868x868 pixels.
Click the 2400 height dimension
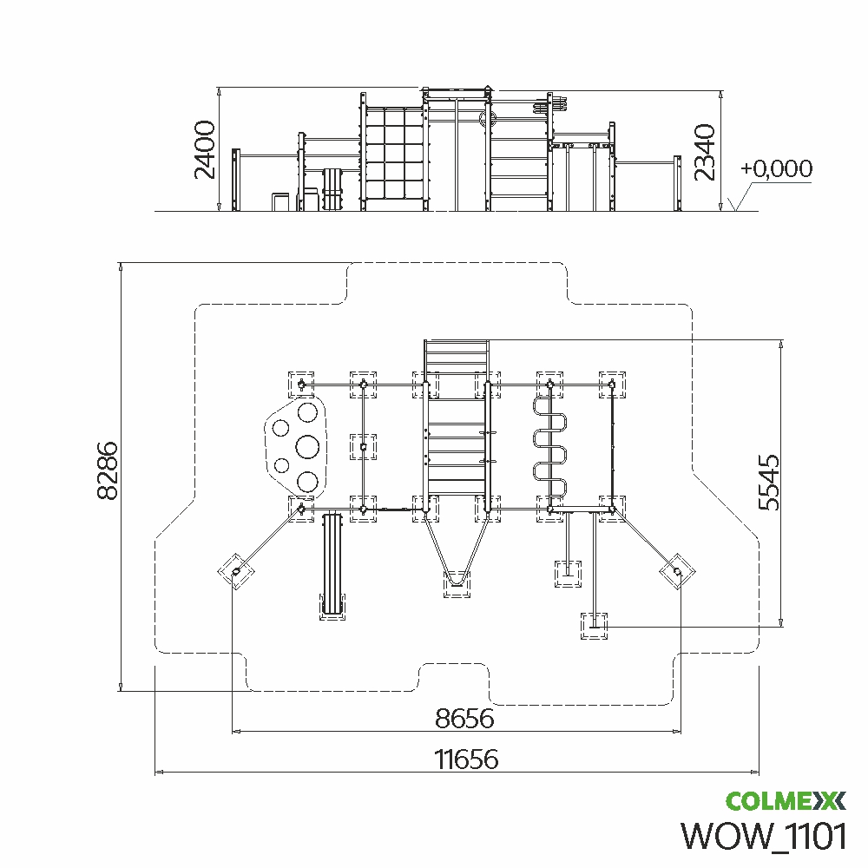point(205,150)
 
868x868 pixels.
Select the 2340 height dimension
point(705,152)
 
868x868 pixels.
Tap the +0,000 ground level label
point(777,169)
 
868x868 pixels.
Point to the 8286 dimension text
point(108,470)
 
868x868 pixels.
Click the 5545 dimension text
point(768,482)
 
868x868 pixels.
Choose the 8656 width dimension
point(464,719)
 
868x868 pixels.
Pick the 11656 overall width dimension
point(467,759)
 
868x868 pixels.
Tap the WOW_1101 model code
point(764,836)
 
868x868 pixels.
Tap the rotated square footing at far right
point(676,571)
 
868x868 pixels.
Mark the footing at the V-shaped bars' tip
point(457,584)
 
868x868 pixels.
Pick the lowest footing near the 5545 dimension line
point(594,625)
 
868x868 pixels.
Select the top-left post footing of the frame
point(301,384)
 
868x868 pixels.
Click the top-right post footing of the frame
point(612,384)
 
